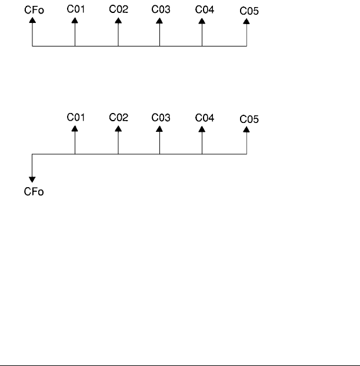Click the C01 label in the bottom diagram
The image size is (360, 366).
[75, 117]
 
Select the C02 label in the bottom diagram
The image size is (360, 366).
[118, 117]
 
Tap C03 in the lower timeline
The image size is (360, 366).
[160, 117]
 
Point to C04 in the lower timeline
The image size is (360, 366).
[204, 117]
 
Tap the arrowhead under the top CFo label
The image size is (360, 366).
[32, 20]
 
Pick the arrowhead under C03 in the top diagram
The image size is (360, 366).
[159, 20]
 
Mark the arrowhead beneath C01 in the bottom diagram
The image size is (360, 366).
[75, 128]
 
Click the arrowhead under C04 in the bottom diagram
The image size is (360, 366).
[202, 128]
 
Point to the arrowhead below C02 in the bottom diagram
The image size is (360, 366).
[118, 128]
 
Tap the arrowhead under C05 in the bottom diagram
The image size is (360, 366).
[246, 129]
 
